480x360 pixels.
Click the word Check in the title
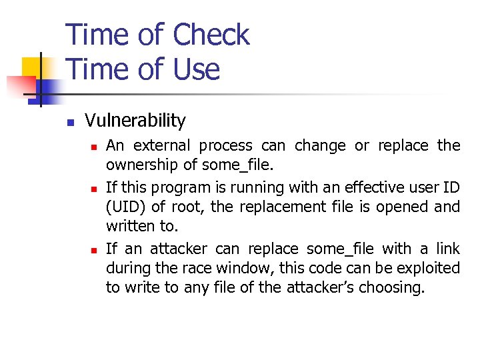pos(211,35)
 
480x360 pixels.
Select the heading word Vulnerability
pos(135,121)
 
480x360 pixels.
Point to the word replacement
pos(289,207)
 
